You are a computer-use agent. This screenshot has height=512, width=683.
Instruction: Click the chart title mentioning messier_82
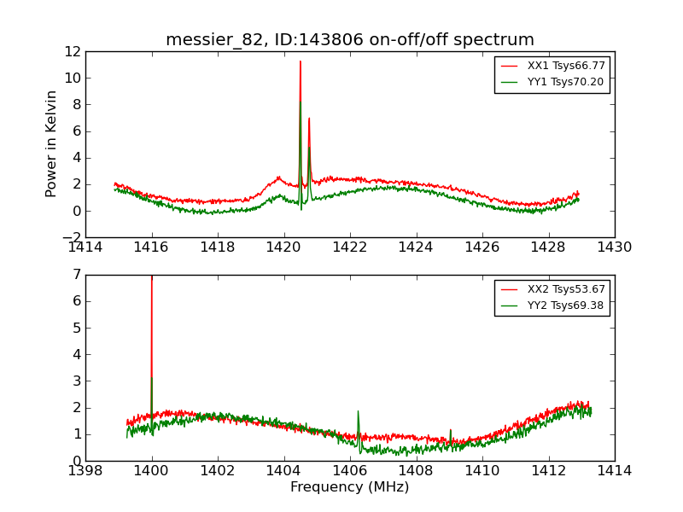(350, 40)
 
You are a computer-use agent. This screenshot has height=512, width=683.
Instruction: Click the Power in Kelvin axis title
(52, 143)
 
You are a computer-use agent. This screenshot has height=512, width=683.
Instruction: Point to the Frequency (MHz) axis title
(350, 487)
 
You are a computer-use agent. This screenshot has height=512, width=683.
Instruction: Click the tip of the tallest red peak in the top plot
(301, 61)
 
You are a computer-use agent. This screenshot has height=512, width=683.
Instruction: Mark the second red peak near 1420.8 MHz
(309, 119)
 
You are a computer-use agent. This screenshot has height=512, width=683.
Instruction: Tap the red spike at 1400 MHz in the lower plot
(152, 277)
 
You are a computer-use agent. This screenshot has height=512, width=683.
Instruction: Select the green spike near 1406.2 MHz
(358, 412)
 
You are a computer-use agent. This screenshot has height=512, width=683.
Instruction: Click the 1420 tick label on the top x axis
(283, 247)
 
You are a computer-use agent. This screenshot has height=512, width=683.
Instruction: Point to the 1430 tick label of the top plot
(614, 247)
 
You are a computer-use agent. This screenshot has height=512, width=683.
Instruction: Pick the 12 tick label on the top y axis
(71, 51)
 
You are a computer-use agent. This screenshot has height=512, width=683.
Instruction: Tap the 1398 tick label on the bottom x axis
(85, 471)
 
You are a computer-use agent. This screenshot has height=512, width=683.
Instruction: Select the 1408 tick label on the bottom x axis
(416, 471)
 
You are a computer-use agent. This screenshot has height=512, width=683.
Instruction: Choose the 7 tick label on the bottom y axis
(76, 275)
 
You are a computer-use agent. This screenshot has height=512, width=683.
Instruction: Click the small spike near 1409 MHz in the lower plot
(451, 431)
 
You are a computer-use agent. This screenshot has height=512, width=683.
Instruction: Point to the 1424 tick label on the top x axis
(416, 247)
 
